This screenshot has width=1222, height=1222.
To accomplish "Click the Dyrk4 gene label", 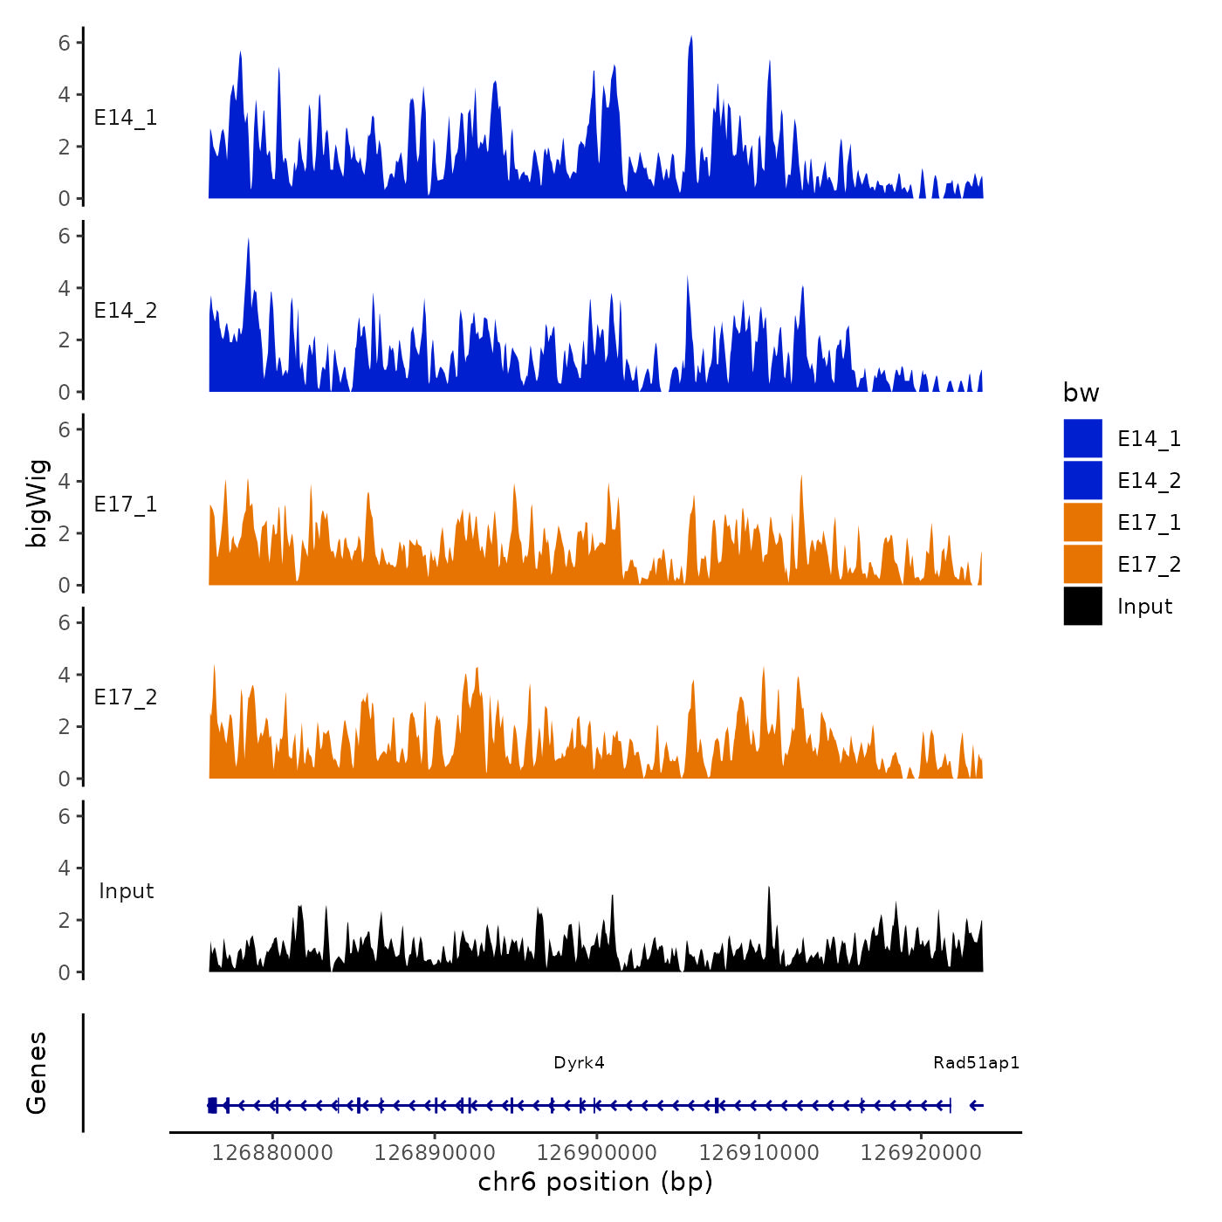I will click(x=579, y=1062).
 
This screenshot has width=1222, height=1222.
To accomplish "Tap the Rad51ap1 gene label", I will click(x=976, y=1062).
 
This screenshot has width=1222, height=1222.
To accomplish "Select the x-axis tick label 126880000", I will click(x=272, y=1153).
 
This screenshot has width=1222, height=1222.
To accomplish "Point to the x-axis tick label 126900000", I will click(x=597, y=1153).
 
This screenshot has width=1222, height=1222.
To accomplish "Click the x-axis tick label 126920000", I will click(x=921, y=1153).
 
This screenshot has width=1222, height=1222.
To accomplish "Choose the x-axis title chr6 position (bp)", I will click(x=595, y=1182).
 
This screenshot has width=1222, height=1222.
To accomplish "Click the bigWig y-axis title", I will click(x=37, y=504).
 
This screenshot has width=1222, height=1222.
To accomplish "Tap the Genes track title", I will click(x=37, y=1073).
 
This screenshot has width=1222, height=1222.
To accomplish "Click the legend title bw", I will click(x=1081, y=393).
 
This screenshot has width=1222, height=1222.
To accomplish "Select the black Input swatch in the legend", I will click(x=1082, y=607).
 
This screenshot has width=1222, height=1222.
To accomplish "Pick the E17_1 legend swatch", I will click(x=1082, y=523).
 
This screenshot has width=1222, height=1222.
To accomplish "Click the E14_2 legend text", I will click(x=1149, y=481).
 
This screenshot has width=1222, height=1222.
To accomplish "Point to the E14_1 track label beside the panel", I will click(x=126, y=118).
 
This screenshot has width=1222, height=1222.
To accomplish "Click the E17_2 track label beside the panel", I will click(x=126, y=697).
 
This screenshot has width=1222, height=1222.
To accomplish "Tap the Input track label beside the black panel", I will click(x=126, y=891).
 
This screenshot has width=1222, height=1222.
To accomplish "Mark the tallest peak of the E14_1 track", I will click(x=690, y=39).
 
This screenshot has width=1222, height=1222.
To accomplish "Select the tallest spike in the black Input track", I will click(x=769, y=889).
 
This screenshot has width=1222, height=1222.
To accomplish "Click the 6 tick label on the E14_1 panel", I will click(x=64, y=42).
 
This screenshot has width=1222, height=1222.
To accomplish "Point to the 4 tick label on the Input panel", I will click(x=64, y=868).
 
